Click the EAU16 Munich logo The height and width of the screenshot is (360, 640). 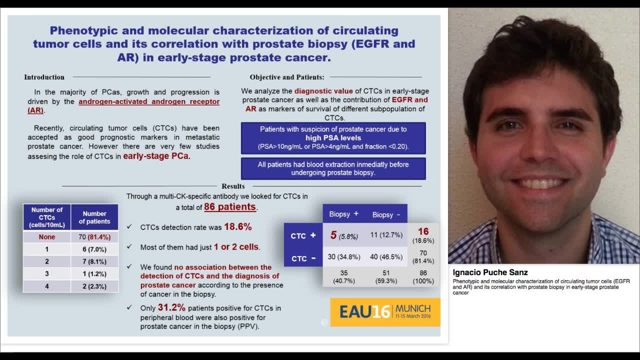tap(385, 312)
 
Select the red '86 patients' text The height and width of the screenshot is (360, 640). tap(230, 207)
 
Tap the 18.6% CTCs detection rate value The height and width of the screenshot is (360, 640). tap(237, 227)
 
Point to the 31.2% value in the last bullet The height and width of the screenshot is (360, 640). tap(171, 307)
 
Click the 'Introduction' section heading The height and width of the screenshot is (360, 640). tap(44, 77)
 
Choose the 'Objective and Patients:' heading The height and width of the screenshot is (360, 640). tap(287, 77)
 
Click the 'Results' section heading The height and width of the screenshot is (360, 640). tap(233, 186)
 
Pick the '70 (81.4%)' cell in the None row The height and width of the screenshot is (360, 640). tap(94, 237)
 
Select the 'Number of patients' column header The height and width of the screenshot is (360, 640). tap(94, 217)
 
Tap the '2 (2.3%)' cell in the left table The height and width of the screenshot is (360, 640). tap(94, 286)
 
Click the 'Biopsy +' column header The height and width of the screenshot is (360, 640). tap(343, 214)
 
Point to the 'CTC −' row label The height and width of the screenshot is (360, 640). tap(303, 258)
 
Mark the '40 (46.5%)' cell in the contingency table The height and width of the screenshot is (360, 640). tap(386, 257)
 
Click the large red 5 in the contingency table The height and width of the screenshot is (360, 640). tap(333, 235)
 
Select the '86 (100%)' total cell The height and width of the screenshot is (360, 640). tap(423, 276)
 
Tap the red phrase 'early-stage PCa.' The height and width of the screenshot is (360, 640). tap(156, 156)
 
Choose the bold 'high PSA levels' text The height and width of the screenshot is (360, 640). tap(333, 138)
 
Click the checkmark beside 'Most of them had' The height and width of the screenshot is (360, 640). tap(129, 247)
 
